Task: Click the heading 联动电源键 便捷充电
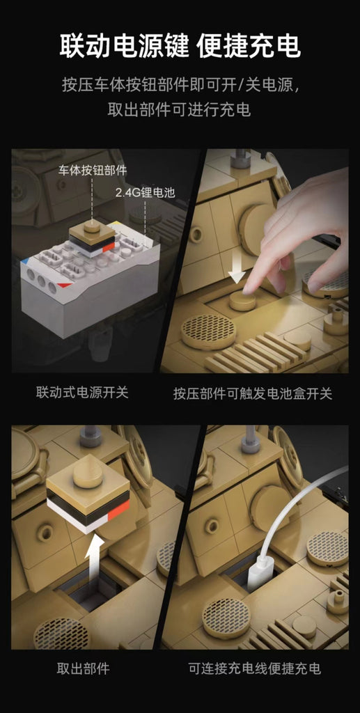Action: click(x=180, y=45)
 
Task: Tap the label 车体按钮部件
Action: click(x=93, y=171)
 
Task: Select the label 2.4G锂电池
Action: click(x=145, y=193)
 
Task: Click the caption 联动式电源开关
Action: click(x=82, y=393)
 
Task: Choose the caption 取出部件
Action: click(x=83, y=668)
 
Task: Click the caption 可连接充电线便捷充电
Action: click(x=255, y=668)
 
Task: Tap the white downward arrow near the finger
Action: click(x=236, y=274)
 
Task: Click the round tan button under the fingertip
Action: click(x=243, y=301)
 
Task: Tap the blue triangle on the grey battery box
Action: click(x=24, y=263)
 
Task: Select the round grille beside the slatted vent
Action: click(x=209, y=331)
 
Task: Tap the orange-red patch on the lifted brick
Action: click(x=118, y=510)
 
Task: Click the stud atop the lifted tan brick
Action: click(x=88, y=475)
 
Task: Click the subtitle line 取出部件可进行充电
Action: click(x=179, y=111)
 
